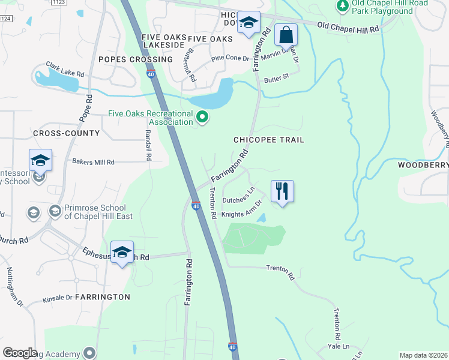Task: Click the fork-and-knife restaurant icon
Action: [x=282, y=191]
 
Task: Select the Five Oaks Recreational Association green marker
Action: [x=203, y=117]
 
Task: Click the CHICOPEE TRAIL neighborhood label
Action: [x=269, y=140]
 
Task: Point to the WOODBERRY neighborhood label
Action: [x=423, y=165]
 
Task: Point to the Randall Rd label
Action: [x=146, y=146]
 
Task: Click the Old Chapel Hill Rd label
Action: [x=348, y=28]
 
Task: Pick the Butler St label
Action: [x=277, y=78]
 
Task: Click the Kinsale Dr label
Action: [x=58, y=298]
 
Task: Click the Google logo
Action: [x=20, y=353]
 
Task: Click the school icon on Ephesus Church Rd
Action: [x=121, y=252]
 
